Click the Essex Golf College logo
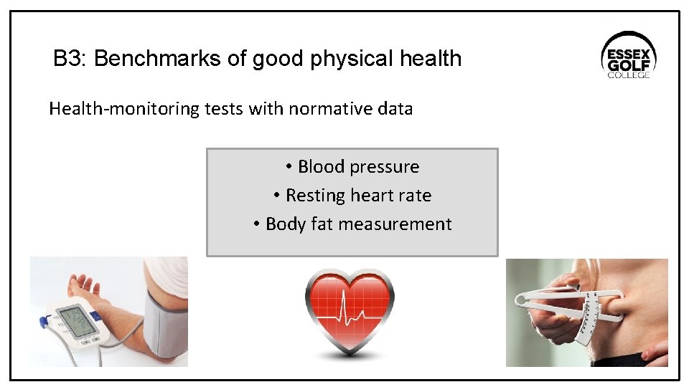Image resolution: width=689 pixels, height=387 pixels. point(628,55)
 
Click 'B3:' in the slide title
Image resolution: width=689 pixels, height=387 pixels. point(70,59)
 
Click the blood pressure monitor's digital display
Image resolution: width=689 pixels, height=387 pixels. point(78,320)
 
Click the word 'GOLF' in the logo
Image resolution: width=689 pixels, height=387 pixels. point(628,61)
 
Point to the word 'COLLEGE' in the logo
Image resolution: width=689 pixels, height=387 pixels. point(629,75)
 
